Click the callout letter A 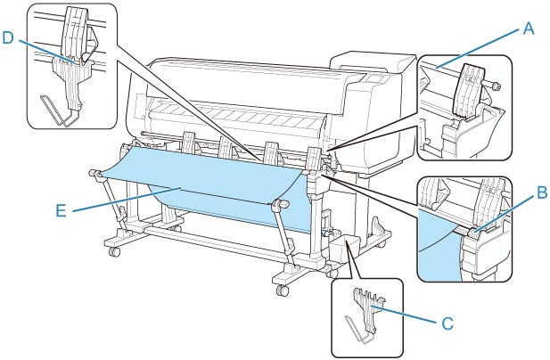529,29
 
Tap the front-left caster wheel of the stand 114,253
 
